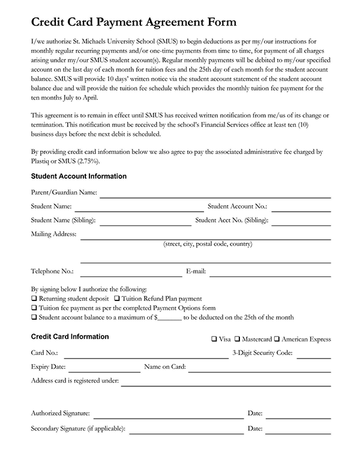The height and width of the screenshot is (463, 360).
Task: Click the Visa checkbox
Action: (x=215, y=339)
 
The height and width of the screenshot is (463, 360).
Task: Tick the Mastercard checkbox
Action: (x=238, y=339)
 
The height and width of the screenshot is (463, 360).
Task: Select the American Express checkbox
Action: (x=277, y=339)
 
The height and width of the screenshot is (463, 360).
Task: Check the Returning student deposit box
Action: (x=34, y=298)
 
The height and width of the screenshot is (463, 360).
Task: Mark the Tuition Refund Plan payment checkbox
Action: (x=117, y=298)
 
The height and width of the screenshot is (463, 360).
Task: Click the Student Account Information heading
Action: (x=79, y=176)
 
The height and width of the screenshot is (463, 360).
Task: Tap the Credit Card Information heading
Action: (x=70, y=337)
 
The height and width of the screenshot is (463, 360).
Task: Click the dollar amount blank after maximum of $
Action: (x=170, y=318)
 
